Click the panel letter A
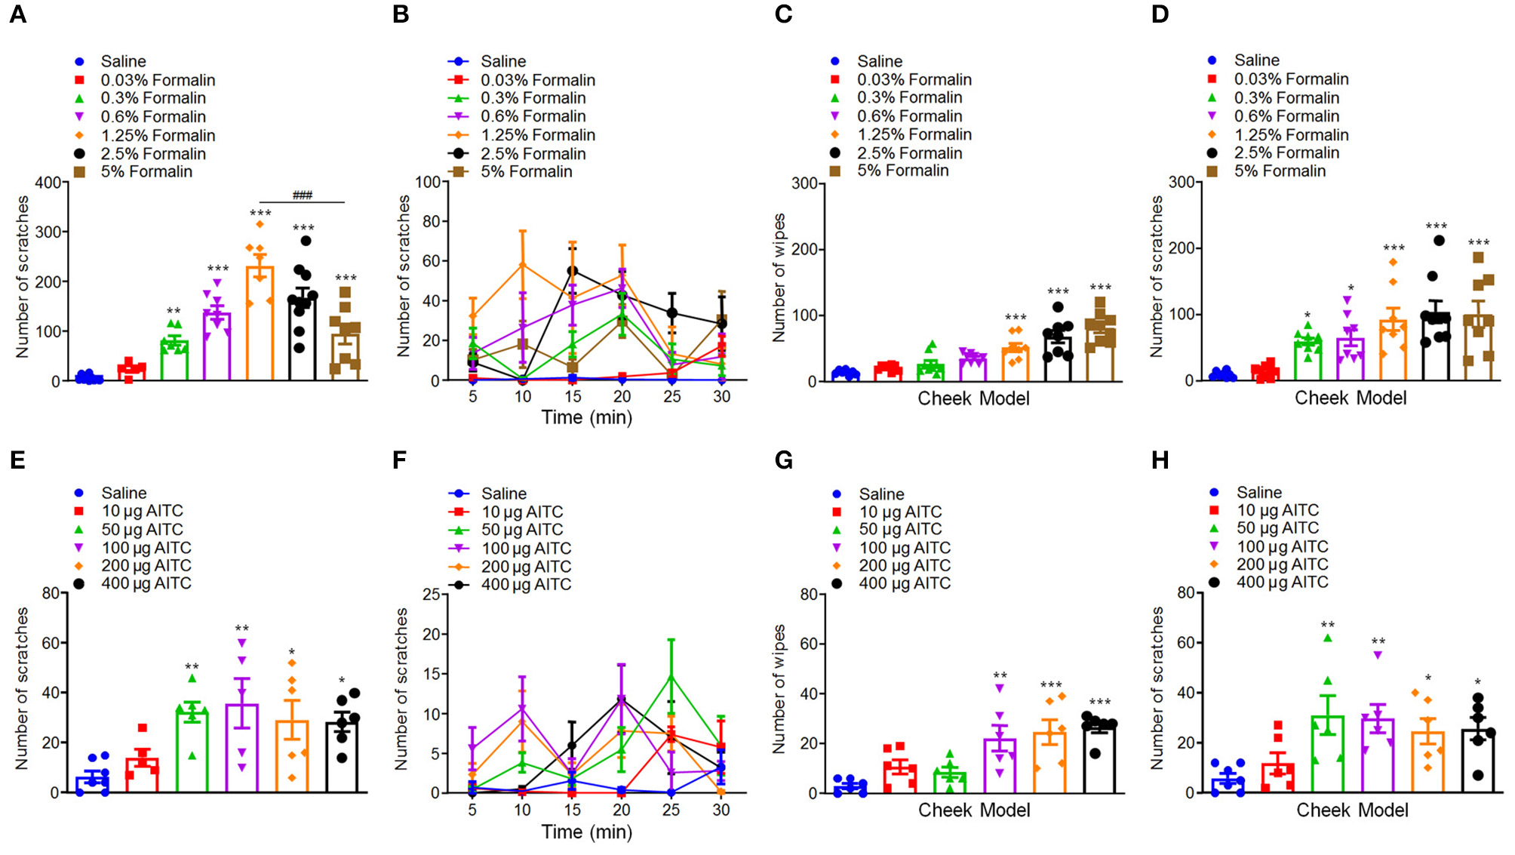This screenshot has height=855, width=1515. click(x=18, y=14)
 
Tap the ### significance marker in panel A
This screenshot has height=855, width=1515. click(x=302, y=195)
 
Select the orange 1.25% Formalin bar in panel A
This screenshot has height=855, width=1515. click(x=260, y=324)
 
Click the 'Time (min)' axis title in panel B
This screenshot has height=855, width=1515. click(x=587, y=417)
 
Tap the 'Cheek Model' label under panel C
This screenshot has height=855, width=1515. click(x=973, y=398)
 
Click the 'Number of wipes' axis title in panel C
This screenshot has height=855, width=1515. click(x=779, y=278)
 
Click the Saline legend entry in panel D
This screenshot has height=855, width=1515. click(x=1256, y=60)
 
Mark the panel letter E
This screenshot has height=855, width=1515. click(x=18, y=460)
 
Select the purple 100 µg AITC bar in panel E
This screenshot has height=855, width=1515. click(x=242, y=749)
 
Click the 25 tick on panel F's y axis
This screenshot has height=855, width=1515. click(x=431, y=594)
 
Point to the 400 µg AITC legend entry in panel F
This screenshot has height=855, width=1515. click(x=526, y=585)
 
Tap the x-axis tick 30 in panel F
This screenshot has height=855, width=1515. click(x=721, y=810)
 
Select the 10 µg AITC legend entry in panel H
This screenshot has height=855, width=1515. click(x=1277, y=511)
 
